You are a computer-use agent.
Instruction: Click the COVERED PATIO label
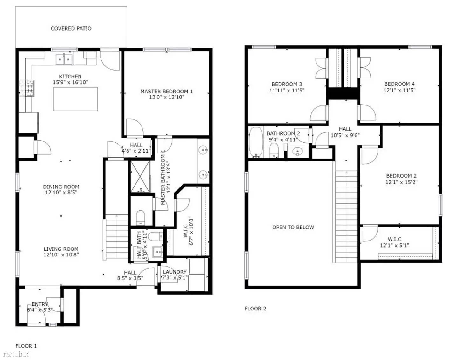click(x=71, y=28)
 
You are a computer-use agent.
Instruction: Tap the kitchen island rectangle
click(x=75, y=99)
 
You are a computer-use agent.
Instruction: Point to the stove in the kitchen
click(x=27, y=88)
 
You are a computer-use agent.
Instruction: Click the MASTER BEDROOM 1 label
click(x=166, y=92)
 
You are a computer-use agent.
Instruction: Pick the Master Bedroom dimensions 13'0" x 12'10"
click(x=166, y=97)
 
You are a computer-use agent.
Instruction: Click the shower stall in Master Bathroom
click(x=140, y=176)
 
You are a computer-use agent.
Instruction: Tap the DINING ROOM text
click(x=61, y=187)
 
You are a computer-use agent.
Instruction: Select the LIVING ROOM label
click(x=61, y=249)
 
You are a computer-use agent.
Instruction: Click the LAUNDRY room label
click(x=175, y=272)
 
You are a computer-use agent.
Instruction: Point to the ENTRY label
click(x=39, y=304)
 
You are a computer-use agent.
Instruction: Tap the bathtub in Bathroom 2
click(x=255, y=142)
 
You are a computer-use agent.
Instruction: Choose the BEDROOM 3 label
click(x=287, y=84)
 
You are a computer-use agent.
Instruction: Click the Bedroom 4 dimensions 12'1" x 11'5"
click(x=399, y=90)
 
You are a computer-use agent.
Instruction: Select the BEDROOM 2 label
click(x=401, y=176)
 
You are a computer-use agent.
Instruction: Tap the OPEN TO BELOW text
click(x=293, y=227)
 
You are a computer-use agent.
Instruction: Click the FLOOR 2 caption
click(x=255, y=309)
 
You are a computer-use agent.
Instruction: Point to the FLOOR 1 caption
click(x=26, y=346)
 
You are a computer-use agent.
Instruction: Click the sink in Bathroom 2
click(x=298, y=152)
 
